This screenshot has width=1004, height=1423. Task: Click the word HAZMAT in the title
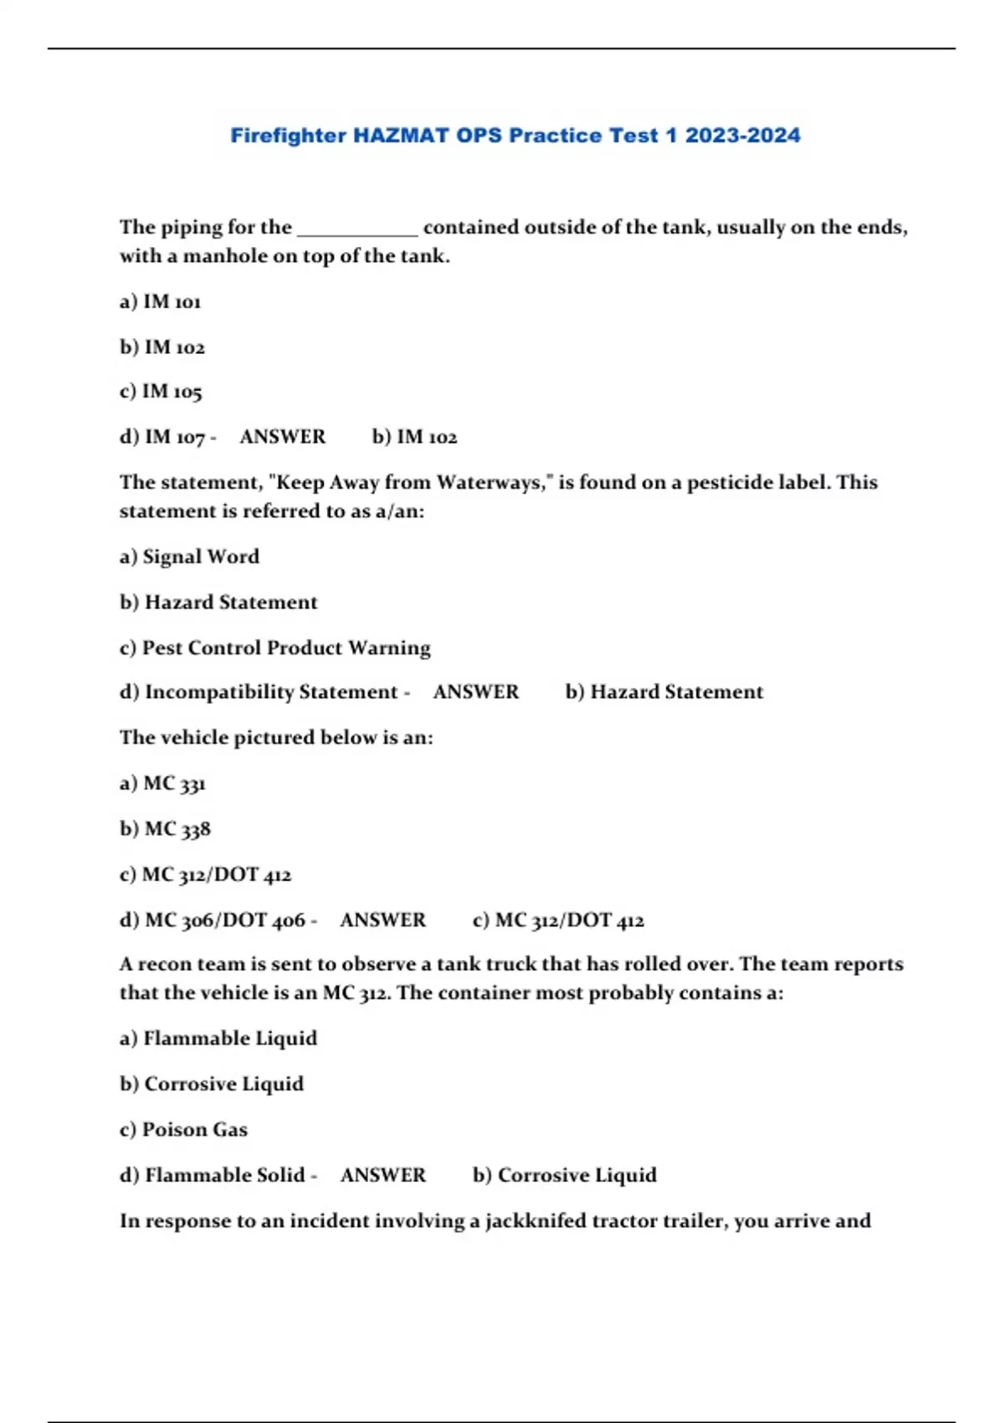coord(401,136)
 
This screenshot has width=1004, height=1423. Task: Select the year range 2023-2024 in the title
coord(742,136)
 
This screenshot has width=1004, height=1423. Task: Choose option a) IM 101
coord(161,301)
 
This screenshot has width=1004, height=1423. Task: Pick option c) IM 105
coord(161,392)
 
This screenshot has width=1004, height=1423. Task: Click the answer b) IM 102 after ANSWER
coord(414,437)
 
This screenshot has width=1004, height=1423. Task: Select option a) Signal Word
coord(189,557)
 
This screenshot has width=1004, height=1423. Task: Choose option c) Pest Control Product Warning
coord(274,648)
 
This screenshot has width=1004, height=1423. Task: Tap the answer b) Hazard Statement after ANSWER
coord(663,692)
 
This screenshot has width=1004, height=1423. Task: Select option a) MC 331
coord(162,783)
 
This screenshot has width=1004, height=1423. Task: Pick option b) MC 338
coord(165,829)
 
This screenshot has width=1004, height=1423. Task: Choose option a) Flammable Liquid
coord(218,1039)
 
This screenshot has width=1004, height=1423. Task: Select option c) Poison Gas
coord(183,1130)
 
